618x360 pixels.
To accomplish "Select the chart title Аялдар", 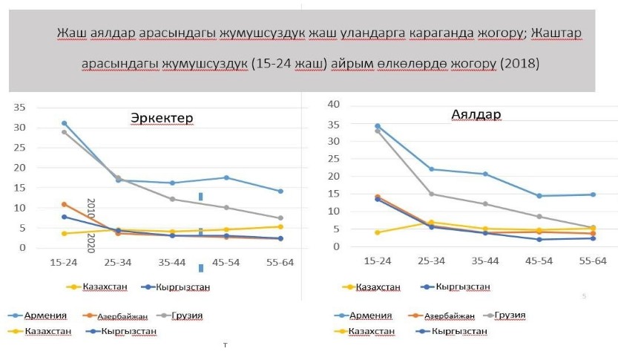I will [476, 115].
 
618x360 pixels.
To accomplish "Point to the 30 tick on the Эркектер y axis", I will [20, 128].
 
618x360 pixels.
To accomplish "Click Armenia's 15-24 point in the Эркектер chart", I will [65, 123].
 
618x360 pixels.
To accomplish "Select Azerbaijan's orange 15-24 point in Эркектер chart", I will [65, 204].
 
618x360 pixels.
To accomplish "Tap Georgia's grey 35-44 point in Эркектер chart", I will [172, 199].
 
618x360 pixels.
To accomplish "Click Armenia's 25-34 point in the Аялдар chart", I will [431, 169].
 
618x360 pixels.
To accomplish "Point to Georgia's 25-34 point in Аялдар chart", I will [431, 194].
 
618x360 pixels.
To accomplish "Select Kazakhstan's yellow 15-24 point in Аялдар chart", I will [378, 232].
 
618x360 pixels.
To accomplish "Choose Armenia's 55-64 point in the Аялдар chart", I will [592, 194].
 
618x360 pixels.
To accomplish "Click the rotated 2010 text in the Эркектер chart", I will [91, 208].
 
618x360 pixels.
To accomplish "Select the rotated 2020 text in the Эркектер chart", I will [91, 243].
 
